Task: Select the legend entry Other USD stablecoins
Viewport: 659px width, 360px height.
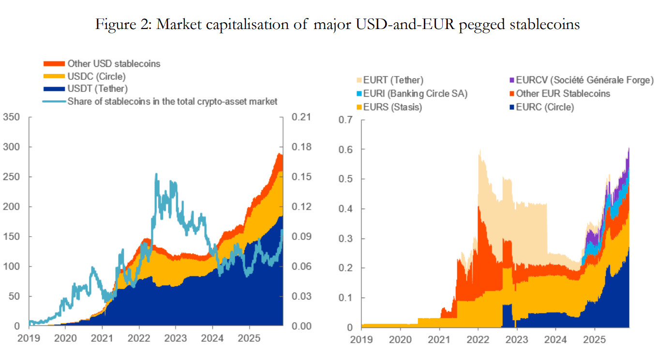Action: point(114,63)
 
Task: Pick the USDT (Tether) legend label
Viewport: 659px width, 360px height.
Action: point(98,89)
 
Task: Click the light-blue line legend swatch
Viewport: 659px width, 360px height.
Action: point(53,101)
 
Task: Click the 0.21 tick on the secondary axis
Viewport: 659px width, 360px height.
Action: point(301,117)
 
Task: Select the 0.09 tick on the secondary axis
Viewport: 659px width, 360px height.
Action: point(301,237)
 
